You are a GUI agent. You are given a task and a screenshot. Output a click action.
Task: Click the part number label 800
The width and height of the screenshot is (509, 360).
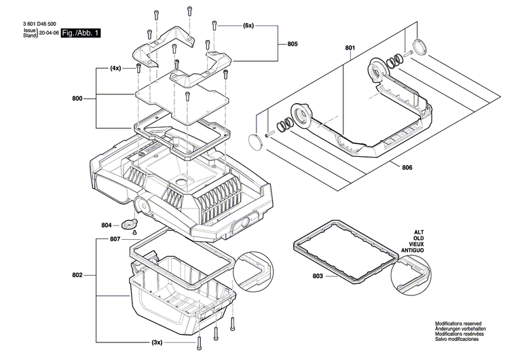[x=77, y=98]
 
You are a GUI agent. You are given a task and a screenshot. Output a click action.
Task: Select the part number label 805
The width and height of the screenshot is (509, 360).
[x=292, y=44]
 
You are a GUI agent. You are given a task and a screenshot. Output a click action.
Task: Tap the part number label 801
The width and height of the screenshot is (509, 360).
[x=350, y=48]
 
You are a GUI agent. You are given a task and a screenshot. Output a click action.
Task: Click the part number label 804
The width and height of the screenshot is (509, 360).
[x=107, y=225]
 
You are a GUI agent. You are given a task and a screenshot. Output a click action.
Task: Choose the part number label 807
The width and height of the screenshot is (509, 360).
[x=115, y=239]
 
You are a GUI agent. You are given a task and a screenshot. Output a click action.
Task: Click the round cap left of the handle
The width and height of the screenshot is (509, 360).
[x=255, y=141]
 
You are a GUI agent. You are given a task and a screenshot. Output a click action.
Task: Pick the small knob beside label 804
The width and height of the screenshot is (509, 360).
[x=129, y=225]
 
